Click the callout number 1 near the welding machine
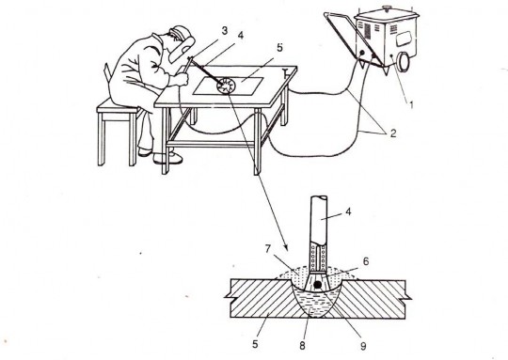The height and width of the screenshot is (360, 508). pos(411,105)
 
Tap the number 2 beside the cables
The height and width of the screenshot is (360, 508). pos(393,133)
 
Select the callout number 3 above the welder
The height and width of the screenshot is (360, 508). pos(225,31)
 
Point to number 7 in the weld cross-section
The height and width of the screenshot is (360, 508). pos(267,249)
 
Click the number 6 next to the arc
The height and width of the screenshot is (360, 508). pos(366,261)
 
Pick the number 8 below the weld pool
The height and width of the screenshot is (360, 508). pos(302,346)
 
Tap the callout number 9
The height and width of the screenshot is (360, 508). pos(363,346)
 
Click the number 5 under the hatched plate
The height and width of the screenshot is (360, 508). pos(255,344)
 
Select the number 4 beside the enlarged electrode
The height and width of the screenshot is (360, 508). pos(348,211)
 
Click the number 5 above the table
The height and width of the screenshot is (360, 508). pos(279,48)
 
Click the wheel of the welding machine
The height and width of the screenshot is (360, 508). pos(404,61)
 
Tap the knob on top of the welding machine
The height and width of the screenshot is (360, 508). pos(386,8)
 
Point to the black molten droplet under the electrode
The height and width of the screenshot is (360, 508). pos(318,285)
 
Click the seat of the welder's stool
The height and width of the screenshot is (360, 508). pos(119,106)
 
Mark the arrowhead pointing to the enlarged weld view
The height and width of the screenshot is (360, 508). pos(284,246)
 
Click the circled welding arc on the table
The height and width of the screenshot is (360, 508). pos(226,86)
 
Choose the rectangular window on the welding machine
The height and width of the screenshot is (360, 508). pos(403,39)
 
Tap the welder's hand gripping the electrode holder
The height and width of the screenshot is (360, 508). pos(183,79)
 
